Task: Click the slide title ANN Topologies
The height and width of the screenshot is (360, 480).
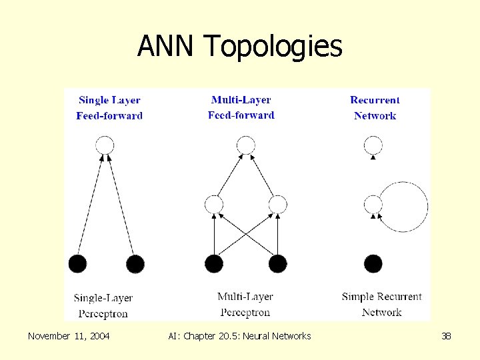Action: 239,47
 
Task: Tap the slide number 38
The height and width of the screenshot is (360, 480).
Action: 446,336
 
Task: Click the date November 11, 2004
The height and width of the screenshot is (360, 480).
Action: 69,336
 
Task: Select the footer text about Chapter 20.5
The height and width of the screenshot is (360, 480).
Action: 239,336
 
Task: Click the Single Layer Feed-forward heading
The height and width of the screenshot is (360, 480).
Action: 109,108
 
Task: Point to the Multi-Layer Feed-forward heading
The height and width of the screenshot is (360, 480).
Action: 241,107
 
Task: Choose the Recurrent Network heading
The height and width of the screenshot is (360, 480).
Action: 375,108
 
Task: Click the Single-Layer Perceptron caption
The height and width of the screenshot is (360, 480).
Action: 103,305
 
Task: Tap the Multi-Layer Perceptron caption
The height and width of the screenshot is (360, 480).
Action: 245,304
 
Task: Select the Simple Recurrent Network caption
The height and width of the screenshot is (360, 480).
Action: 381,304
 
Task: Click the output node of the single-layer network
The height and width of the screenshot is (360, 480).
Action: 105,145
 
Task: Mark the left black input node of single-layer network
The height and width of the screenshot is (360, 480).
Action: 77,264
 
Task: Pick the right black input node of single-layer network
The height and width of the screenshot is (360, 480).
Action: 135,264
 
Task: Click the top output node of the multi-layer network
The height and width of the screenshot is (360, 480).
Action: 246,145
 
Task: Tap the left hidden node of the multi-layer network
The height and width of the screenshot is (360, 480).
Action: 214,204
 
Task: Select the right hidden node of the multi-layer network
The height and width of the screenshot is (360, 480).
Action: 278,204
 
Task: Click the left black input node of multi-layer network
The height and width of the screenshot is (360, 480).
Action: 214,264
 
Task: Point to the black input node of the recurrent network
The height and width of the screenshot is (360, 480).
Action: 373,264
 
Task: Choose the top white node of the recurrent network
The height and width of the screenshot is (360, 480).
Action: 373,145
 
